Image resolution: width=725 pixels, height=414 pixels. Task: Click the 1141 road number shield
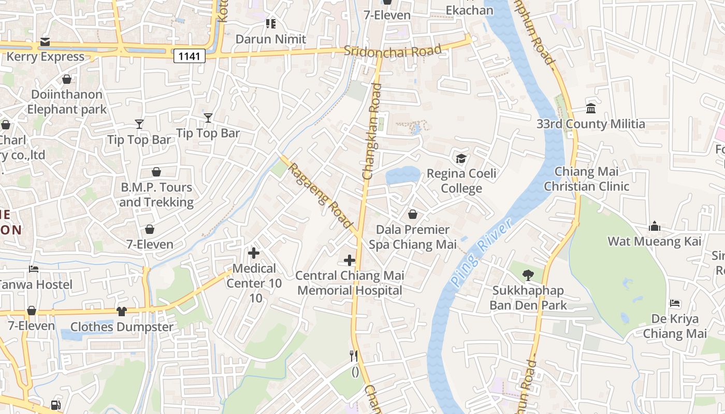point(189,56)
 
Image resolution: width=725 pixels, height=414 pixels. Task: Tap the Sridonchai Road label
point(393,51)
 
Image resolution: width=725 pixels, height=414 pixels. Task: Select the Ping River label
point(481,252)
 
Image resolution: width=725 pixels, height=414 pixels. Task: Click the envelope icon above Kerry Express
point(45,42)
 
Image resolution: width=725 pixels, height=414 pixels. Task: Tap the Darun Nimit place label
point(271,39)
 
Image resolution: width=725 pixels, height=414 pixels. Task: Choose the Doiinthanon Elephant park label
point(67,102)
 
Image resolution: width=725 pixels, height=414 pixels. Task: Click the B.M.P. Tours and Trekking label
point(156,195)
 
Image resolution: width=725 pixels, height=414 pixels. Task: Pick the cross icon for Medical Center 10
point(254,253)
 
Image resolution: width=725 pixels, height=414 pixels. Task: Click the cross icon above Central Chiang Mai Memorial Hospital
point(350,260)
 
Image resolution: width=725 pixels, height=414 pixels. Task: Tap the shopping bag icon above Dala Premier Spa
point(413,214)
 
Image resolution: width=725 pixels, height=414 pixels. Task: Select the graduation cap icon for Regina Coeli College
point(461,158)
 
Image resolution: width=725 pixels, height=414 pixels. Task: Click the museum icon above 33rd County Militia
point(591,108)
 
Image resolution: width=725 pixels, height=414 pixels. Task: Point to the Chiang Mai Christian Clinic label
point(587,179)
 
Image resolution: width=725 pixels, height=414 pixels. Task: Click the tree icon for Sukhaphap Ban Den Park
point(528,275)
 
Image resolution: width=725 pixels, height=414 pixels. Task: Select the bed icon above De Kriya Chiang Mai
point(675,303)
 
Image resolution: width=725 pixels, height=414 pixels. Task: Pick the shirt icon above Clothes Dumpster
point(122,311)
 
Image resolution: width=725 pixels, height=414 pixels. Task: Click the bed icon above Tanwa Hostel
point(34,269)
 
